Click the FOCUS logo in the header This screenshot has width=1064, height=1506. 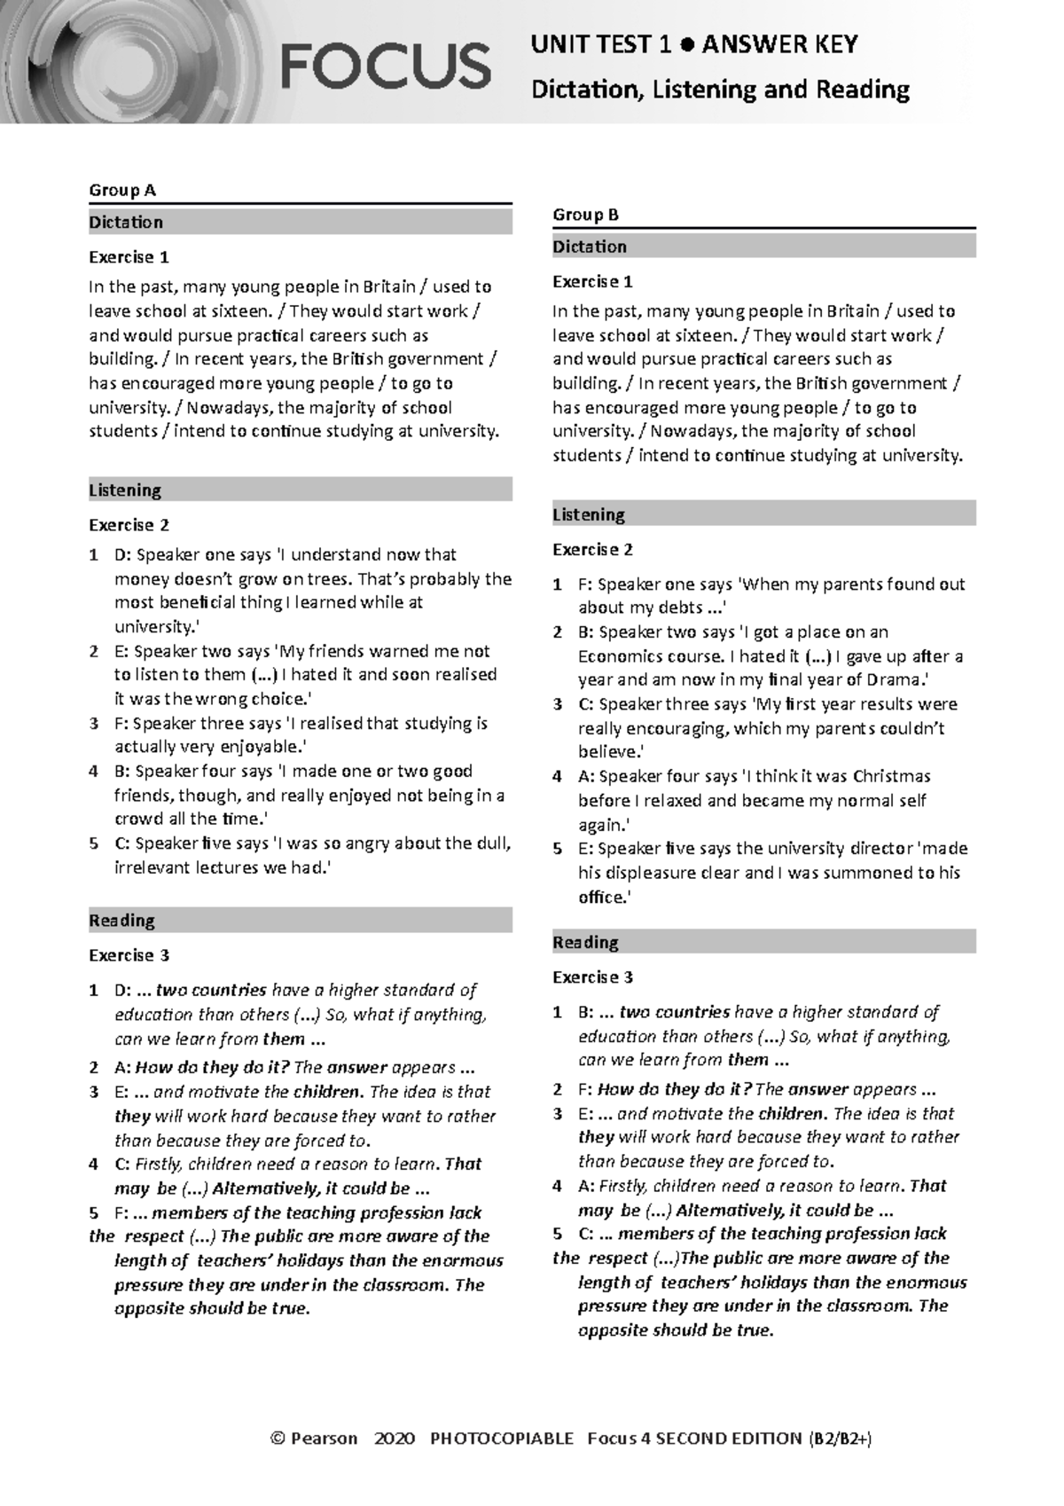pos(386,67)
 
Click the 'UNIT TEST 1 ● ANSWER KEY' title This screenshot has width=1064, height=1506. pos(693,44)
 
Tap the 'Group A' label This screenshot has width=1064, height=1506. pos(121,190)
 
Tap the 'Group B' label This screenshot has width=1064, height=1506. pos(585,215)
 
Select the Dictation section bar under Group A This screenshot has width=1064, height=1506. pos(300,223)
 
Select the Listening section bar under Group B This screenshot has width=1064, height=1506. pos(763,514)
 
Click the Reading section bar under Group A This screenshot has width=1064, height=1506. pos(300,921)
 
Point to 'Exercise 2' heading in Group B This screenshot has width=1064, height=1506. pos(592,550)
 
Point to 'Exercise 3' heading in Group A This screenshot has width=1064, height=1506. pos(129,955)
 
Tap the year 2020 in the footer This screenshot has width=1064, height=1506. pos(394,1439)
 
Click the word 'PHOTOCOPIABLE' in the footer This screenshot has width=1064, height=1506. pos(501,1439)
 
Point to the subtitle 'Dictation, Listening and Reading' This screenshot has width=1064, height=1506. pos(720,90)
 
